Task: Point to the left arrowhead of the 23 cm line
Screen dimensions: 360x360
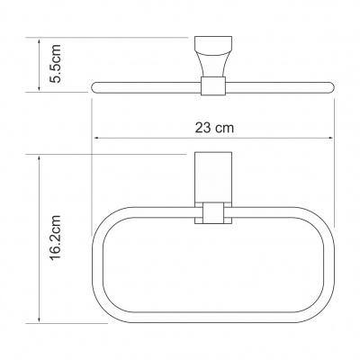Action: coord(95,138)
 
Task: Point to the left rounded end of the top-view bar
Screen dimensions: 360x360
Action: coord(95,86)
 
